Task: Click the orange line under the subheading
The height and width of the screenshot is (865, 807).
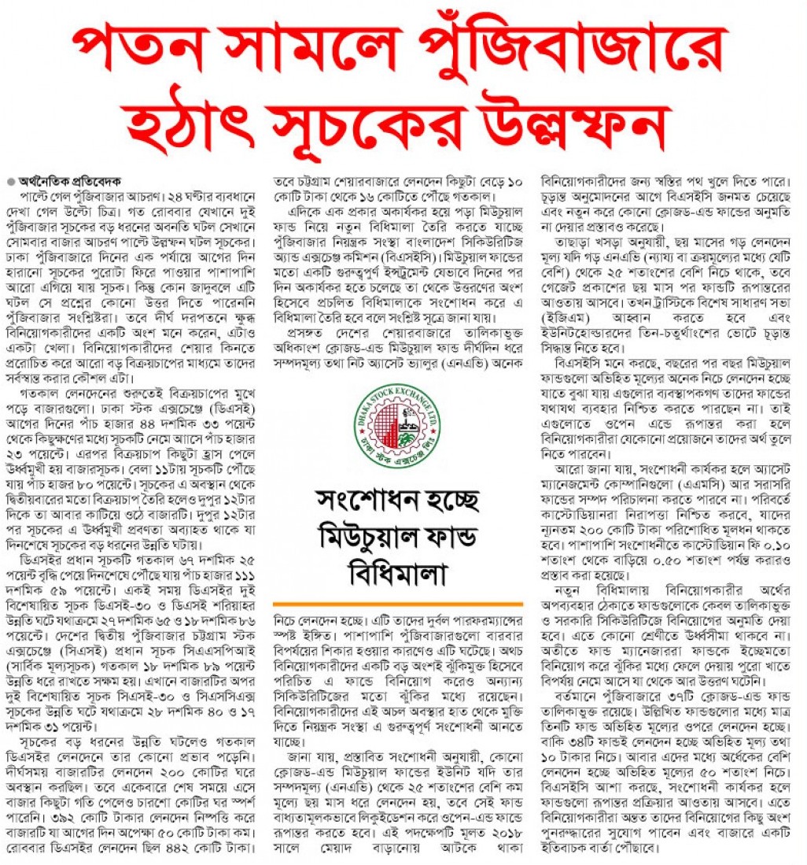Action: point(402,602)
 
